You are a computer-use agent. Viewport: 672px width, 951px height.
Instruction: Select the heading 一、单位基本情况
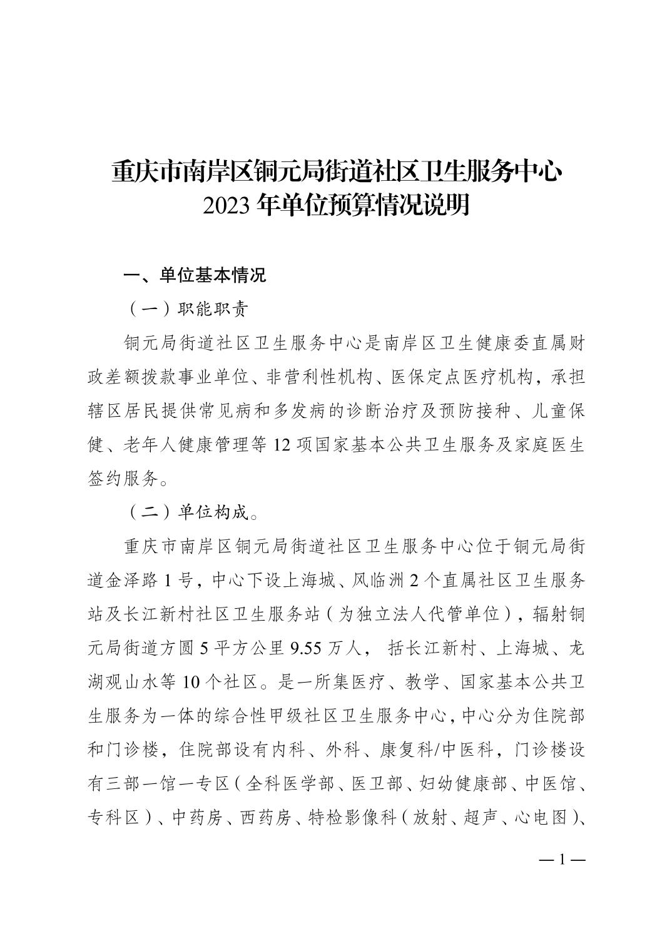click(195, 275)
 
